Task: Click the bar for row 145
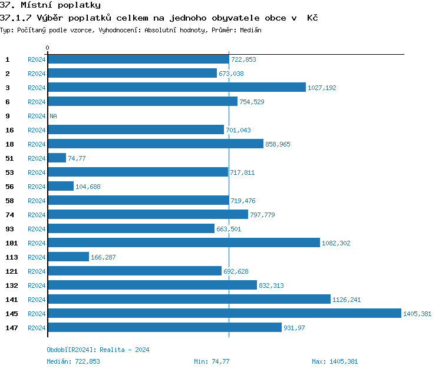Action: pos(224,313)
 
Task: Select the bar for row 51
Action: pos(57,158)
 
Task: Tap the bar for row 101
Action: pos(183,243)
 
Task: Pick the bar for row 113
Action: pos(68,257)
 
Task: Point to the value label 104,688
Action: pos(88,187)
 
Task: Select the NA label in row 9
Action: pos(53,116)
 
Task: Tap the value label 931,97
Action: pos(294,328)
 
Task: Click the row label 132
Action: pos(12,285)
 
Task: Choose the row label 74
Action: pos(10,215)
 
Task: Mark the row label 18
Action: pos(10,144)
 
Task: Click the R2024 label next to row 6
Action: pos(37,102)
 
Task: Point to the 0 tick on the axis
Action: pos(48,48)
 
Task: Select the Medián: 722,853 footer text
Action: pos(73,361)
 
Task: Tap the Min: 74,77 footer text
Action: pos(212,361)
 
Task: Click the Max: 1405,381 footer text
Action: pos(335,361)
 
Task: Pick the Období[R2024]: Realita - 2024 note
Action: pos(98,350)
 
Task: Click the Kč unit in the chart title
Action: pos(312,18)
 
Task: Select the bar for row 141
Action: pos(189,299)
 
